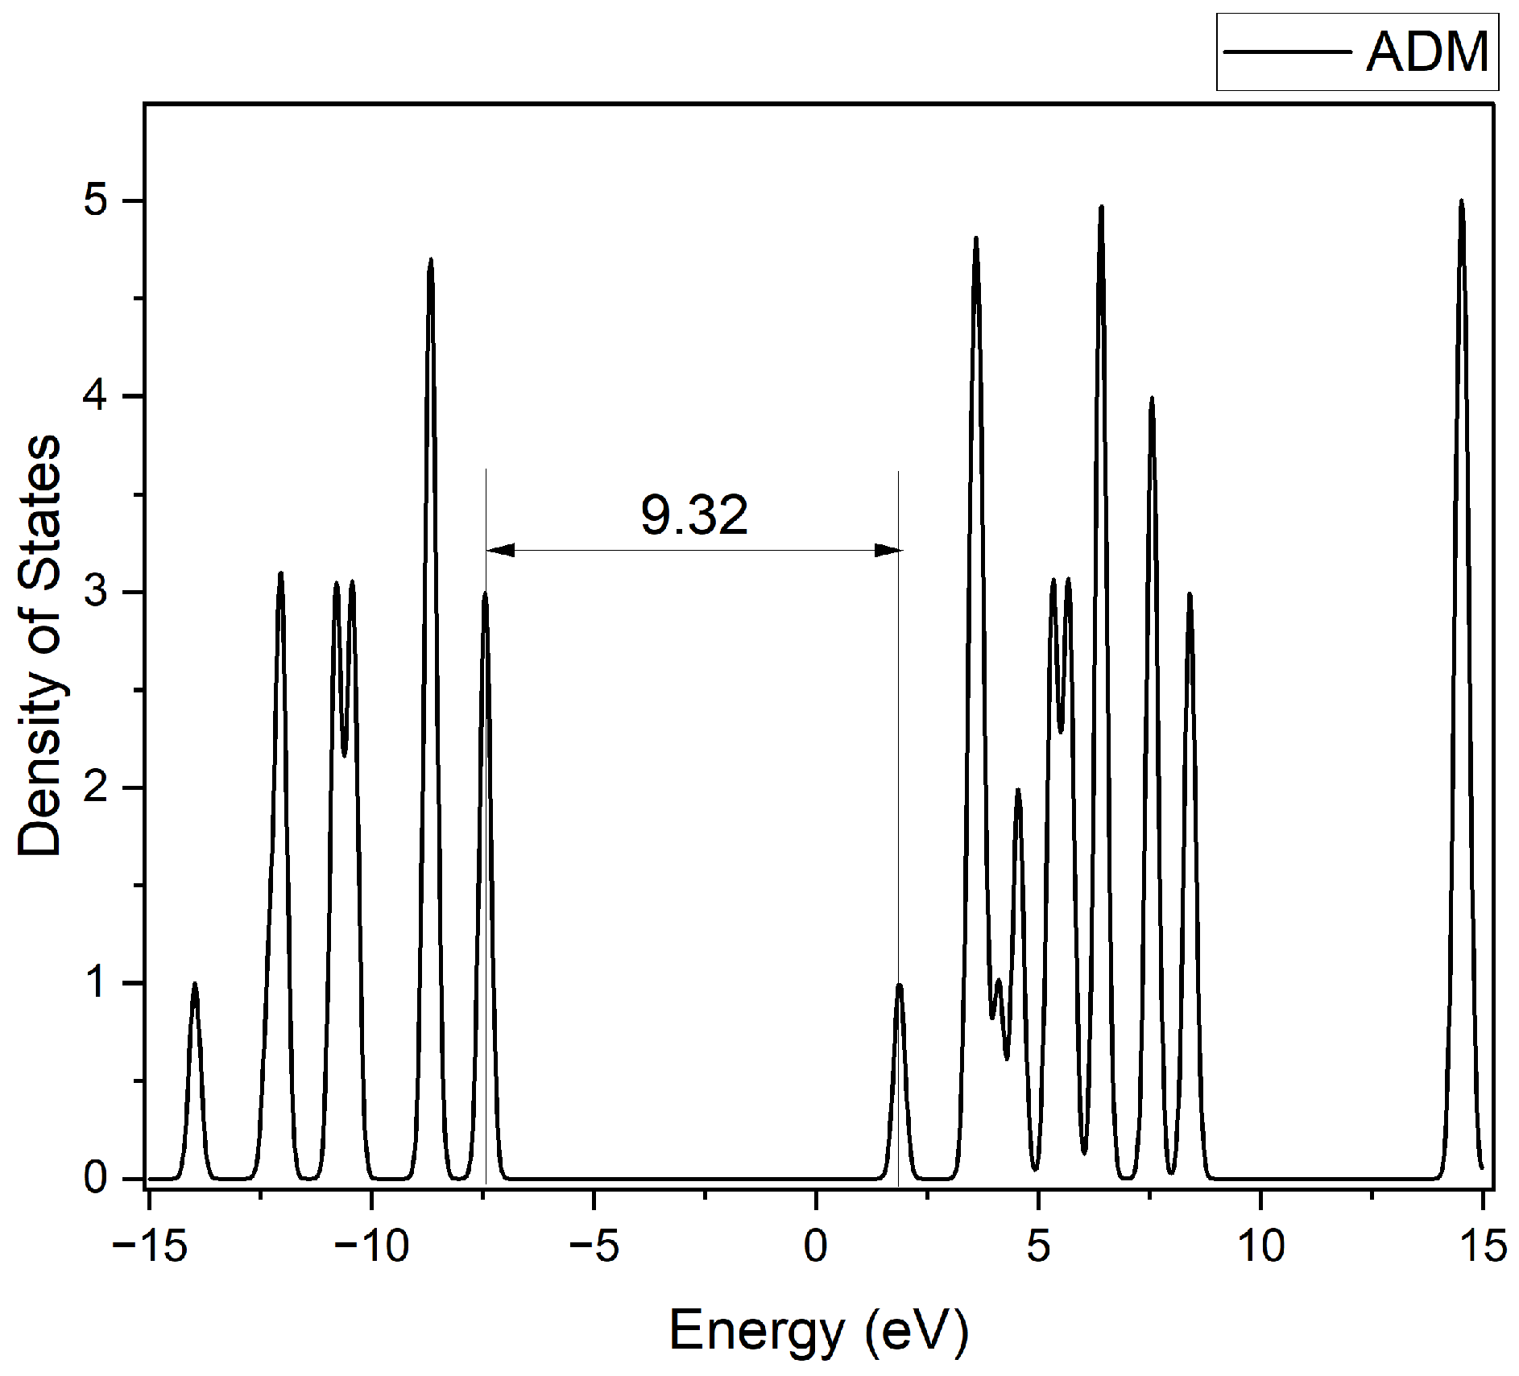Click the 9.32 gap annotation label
694,515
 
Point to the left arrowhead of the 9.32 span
499,551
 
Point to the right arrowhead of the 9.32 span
888,551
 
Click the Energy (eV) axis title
818,1331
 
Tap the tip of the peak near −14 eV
194,983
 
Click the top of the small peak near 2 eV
899,985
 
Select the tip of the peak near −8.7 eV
431,259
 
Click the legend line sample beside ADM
1287,52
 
